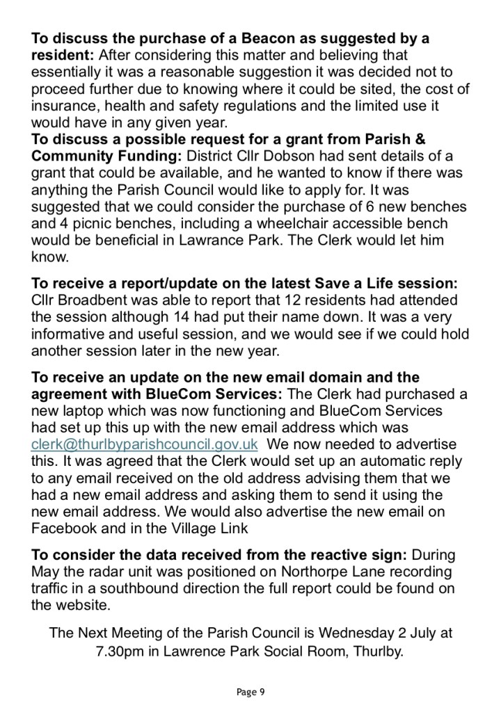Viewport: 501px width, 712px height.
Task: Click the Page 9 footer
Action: (x=250, y=691)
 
